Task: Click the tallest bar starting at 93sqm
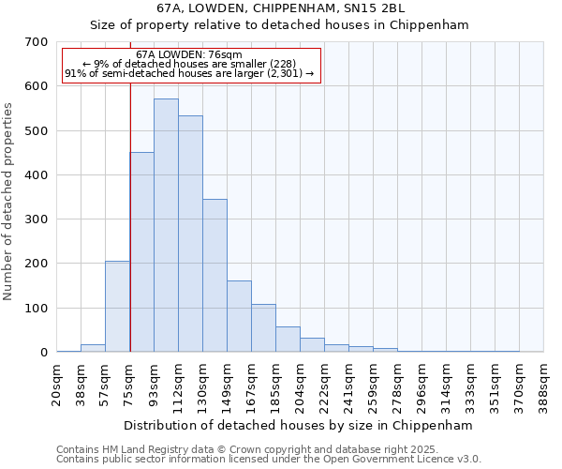click(166, 225)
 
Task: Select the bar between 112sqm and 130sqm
click(190, 234)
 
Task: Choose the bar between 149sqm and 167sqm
click(239, 316)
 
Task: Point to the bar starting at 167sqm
click(263, 327)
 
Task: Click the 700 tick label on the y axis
click(37, 42)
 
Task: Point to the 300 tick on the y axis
click(37, 219)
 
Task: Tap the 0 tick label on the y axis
click(43, 353)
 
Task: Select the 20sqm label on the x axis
click(57, 383)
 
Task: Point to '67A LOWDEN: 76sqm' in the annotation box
click(189, 55)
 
